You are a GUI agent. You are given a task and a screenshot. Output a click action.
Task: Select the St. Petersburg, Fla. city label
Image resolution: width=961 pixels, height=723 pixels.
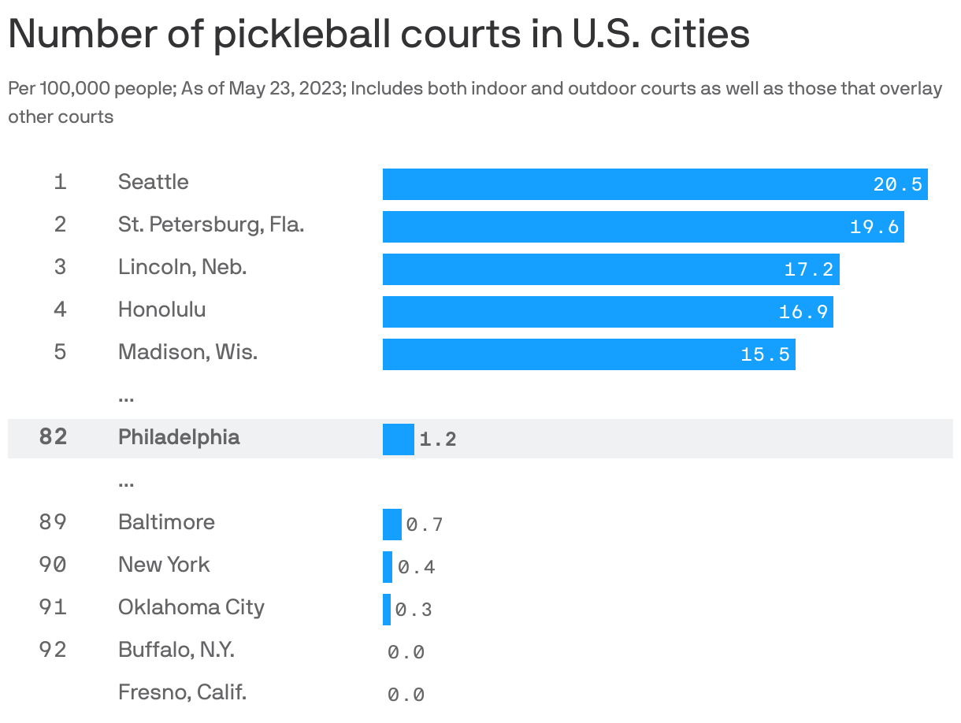click(211, 224)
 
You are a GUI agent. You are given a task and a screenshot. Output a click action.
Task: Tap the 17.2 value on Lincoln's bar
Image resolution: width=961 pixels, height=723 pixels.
click(808, 269)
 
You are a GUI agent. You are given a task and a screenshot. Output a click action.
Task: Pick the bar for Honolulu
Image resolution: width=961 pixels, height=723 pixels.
click(607, 312)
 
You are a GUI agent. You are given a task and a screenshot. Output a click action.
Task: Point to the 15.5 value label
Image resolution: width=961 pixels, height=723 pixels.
click(765, 354)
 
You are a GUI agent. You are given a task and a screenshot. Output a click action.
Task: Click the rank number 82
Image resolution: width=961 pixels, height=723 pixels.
click(53, 437)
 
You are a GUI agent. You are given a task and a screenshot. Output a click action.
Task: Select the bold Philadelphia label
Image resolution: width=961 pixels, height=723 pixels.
click(179, 437)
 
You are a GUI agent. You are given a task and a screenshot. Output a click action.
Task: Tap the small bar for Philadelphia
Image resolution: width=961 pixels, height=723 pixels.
click(398, 439)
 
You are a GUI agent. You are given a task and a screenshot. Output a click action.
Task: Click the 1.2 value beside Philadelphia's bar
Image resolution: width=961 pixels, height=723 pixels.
click(438, 439)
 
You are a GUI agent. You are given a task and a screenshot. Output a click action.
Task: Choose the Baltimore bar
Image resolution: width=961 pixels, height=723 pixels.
click(391, 525)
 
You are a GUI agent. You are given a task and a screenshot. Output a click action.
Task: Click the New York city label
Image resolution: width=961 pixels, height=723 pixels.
click(164, 565)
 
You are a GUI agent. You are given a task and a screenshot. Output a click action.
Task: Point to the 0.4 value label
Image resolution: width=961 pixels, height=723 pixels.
click(417, 567)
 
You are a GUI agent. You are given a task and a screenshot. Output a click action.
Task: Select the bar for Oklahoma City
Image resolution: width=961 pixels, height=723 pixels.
click(387, 610)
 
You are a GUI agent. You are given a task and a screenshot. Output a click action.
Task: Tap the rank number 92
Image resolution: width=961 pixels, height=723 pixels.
click(53, 650)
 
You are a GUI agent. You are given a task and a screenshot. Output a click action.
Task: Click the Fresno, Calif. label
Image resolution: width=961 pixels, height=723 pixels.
click(182, 692)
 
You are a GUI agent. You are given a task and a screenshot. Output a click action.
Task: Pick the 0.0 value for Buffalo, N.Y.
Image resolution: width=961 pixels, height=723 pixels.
click(406, 652)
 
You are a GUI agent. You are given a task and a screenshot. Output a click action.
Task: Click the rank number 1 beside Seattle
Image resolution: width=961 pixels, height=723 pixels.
click(61, 182)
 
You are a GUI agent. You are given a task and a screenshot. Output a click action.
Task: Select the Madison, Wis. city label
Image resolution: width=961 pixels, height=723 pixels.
click(187, 352)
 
